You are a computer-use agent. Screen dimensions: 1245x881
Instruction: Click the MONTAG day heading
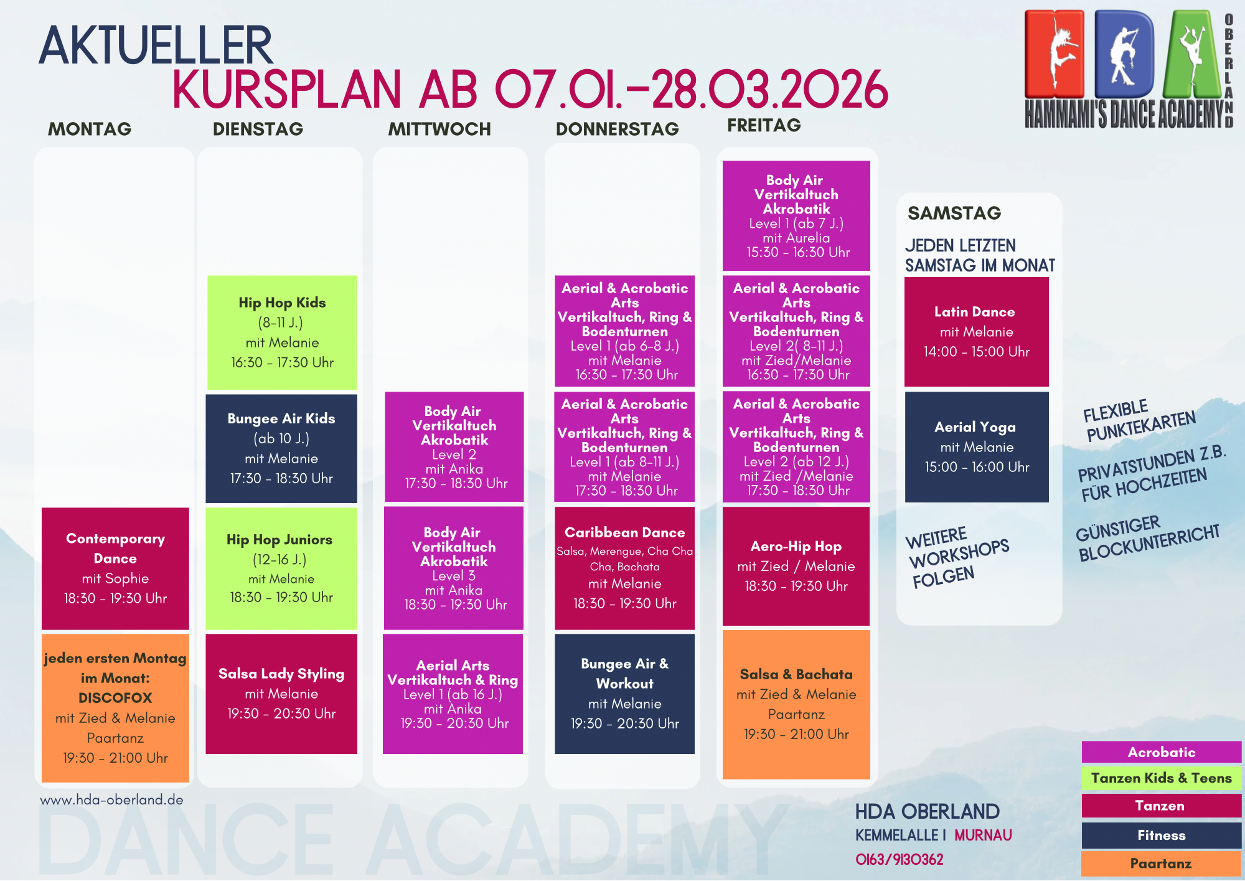[90, 129]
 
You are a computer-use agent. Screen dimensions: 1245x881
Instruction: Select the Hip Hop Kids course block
[282, 332]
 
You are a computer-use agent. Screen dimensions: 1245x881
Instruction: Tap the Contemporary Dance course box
[115, 568]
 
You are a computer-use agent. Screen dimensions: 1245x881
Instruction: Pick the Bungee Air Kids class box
[281, 448]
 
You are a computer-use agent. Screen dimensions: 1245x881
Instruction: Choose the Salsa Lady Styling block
[281, 694]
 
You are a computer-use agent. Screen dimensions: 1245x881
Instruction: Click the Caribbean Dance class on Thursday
[624, 568]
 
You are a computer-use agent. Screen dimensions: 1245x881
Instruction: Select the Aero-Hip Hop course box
[796, 566]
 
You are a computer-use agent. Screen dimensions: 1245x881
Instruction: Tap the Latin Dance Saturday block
[977, 332]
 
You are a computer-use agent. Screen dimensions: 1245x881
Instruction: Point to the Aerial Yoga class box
[977, 447]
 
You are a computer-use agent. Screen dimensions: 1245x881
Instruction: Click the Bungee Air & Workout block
[624, 694]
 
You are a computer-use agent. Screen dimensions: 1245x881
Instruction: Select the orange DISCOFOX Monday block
[115, 708]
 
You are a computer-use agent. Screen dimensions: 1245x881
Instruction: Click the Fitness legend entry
[1162, 836]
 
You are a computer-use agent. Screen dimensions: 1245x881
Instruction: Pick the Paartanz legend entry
[1162, 864]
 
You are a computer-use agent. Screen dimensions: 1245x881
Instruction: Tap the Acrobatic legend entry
[1162, 752]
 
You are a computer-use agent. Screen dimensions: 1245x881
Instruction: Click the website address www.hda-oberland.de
[112, 799]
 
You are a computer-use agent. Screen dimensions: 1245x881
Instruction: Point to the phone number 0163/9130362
[900, 860]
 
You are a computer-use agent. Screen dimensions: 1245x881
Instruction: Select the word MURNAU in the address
[984, 836]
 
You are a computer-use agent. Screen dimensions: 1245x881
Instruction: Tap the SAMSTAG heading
[954, 213]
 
